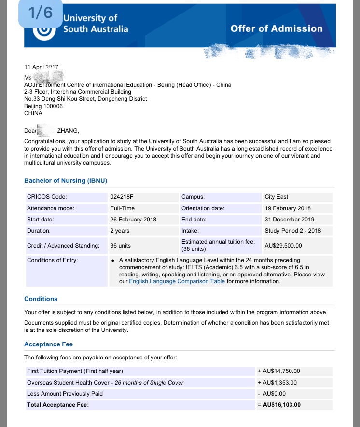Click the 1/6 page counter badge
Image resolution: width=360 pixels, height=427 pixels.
tap(40, 14)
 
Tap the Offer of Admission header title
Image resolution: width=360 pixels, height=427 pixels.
tap(277, 28)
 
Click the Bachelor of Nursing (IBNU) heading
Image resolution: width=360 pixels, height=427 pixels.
tap(66, 181)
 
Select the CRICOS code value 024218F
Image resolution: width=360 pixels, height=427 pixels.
tap(123, 197)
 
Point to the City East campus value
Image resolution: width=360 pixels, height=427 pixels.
tap(277, 197)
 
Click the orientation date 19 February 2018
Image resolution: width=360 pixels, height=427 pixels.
tap(288, 208)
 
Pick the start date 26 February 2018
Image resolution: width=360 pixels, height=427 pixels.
tap(133, 220)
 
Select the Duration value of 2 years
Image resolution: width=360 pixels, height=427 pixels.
tap(120, 231)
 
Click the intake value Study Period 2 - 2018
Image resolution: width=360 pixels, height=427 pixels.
tap(293, 231)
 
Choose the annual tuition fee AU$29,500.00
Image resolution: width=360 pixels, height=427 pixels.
tap(283, 245)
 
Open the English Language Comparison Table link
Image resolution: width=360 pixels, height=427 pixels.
tap(177, 281)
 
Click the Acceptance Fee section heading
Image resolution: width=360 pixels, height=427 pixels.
tap(48, 344)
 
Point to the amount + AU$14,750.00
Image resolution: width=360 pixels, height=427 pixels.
tap(279, 371)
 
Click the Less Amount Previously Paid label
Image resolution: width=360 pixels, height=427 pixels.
tap(65, 394)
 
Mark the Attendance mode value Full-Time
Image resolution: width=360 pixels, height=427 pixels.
tap(123, 208)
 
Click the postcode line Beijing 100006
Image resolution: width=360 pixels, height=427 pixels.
tap(43, 106)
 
